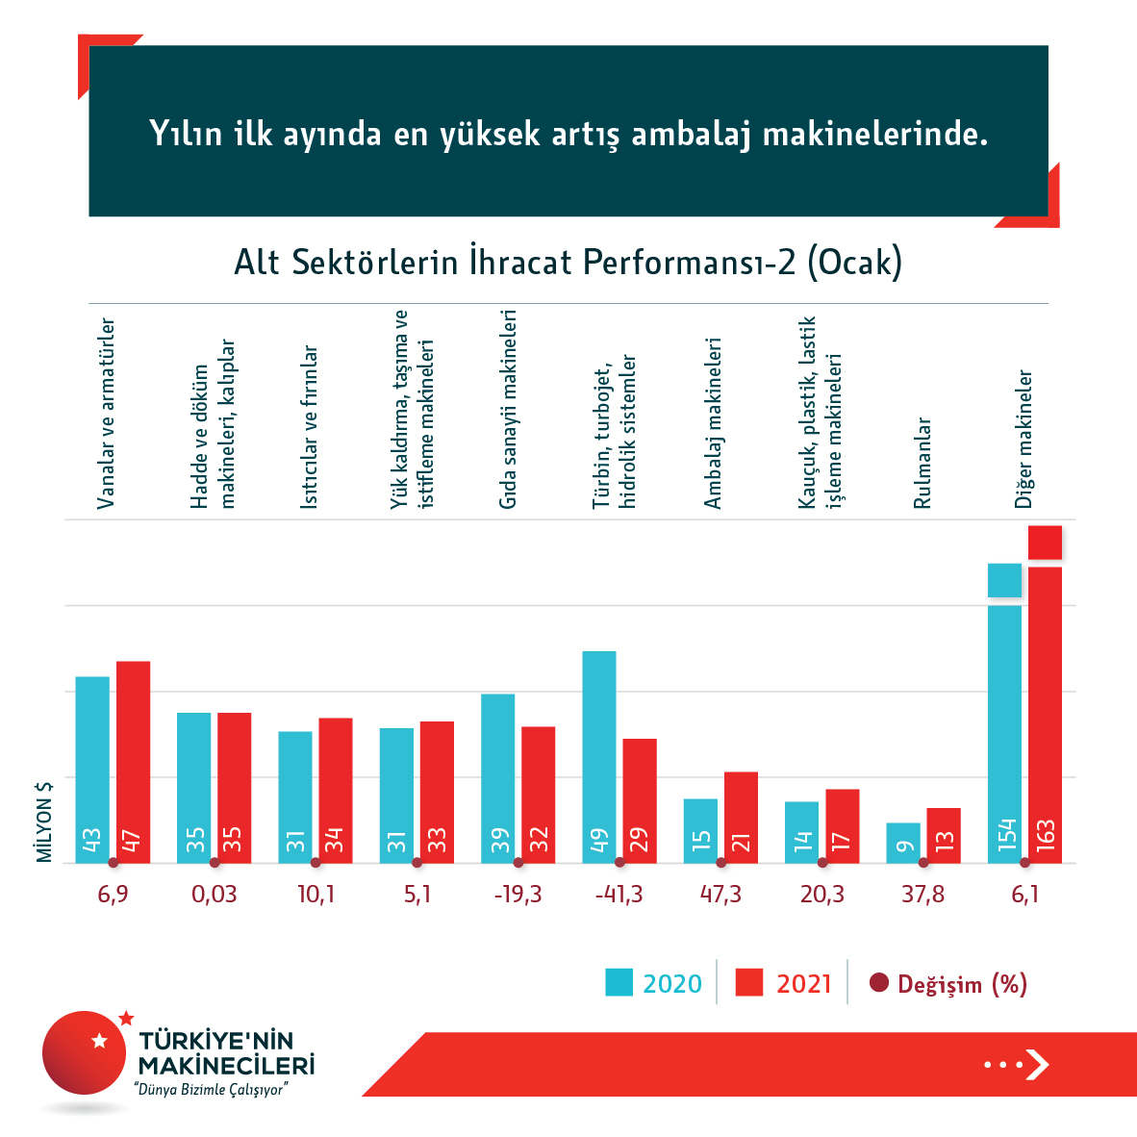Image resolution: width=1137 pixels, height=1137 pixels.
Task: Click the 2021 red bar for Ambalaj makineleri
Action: point(741,817)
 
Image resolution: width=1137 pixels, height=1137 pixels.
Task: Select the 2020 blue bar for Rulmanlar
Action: point(903,843)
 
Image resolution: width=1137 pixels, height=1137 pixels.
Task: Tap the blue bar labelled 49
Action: point(599,756)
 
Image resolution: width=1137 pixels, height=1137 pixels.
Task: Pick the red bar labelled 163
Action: point(1045,712)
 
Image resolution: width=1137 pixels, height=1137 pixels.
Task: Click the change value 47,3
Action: point(720,895)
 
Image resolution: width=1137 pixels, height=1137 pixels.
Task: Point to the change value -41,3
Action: point(619,895)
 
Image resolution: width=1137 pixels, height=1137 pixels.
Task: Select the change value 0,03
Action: point(214,895)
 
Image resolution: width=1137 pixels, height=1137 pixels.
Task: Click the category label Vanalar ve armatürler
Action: point(107,414)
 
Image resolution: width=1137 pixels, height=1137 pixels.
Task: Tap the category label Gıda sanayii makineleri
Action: point(508,409)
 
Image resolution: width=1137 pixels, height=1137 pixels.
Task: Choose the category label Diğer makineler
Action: point(1024,439)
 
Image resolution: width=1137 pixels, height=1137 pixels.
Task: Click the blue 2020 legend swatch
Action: point(619,982)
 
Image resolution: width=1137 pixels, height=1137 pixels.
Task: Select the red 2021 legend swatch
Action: point(748,982)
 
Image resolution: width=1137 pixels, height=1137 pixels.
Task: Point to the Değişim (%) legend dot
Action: point(878,983)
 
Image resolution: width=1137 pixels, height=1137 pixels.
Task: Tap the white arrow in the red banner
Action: point(1037,1064)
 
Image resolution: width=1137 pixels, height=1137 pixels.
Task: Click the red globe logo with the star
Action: point(86,1052)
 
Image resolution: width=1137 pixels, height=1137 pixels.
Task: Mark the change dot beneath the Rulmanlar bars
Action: point(923,863)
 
